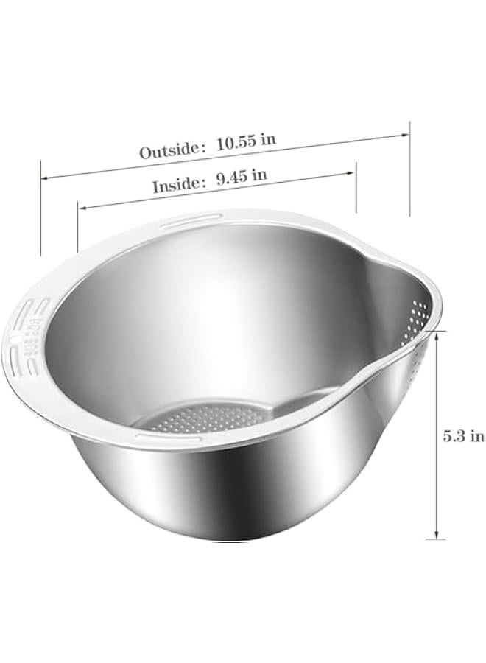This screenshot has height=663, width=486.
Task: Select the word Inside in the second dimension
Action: click(175, 186)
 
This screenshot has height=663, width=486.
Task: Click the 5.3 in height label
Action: click(463, 435)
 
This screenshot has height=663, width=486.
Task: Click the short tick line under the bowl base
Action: click(436, 539)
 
